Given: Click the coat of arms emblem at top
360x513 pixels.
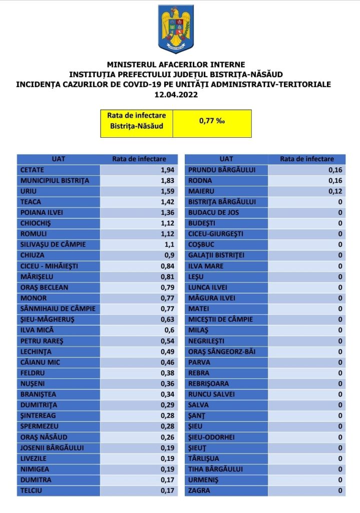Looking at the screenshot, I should pos(176,29).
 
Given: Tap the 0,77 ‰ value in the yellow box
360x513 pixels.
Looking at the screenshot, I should pos(212,121).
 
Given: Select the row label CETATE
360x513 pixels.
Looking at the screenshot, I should pos(32,170).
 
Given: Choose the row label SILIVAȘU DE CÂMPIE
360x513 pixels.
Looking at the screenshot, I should pos(53,244).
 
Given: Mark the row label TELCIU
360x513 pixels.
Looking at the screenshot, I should pos(31,490).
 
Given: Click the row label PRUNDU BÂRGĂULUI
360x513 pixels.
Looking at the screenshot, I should pos(222,170).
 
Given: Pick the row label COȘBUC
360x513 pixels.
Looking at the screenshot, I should pos(202,244).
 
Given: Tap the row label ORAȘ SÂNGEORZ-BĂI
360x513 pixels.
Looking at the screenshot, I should pos(222,351).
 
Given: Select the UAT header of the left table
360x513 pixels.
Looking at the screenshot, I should pos(58,159).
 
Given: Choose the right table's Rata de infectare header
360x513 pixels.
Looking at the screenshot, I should pos(306,159).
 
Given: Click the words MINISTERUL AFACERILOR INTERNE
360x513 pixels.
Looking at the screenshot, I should pos(176,64).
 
